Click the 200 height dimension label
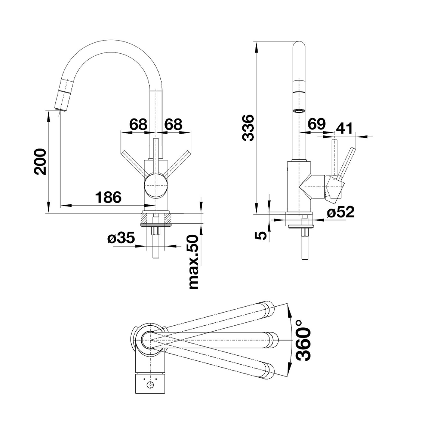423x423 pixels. click(40, 162)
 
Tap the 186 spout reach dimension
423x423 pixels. click(108, 197)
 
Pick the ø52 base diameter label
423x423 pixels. click(340, 212)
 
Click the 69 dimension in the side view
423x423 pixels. click(317, 124)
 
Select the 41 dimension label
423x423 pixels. click(345, 128)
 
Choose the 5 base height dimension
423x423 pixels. click(263, 235)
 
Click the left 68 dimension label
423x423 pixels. click(138, 124)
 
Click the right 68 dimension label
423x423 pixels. click(173, 124)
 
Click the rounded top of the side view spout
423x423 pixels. click(299, 46)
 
